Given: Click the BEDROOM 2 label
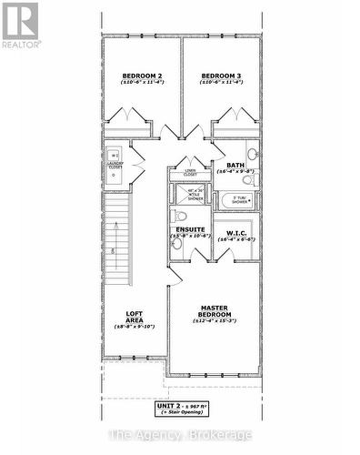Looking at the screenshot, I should [141, 76].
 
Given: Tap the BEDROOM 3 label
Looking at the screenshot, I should [220, 76].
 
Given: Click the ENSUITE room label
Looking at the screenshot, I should [190, 229].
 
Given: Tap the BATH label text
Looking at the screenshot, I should [235, 165].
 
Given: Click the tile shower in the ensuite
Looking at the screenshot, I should [194, 193].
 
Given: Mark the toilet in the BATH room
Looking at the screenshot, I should [252, 154].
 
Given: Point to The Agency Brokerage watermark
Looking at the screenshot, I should [180, 436].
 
